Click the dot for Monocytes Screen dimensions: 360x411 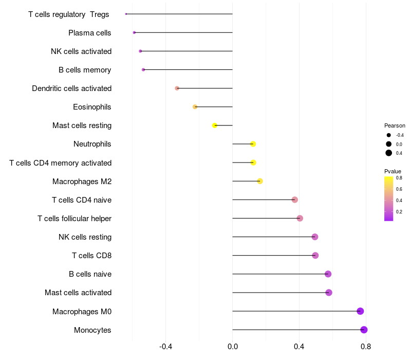coord(364,330)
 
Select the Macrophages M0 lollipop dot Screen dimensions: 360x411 coord(360,311)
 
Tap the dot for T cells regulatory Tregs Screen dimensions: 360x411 coord(126,14)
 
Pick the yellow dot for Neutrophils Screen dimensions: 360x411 coord(253,144)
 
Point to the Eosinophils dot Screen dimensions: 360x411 coord(195,107)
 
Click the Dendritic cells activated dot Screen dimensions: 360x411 coord(177,88)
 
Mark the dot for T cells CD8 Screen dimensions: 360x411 coord(315,256)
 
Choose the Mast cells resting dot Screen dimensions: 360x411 coord(215,125)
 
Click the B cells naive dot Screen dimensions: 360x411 coord(328,274)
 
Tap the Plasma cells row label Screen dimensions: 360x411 coord(89,33)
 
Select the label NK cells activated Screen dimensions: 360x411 coord(81,51)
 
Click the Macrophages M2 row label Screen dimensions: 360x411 coord(82,182)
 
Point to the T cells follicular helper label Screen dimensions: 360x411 coord(74,219)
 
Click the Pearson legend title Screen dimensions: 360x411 coord(395,125)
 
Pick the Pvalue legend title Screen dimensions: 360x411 coord(393,171)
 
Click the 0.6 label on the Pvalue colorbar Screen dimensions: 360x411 coord(399,189)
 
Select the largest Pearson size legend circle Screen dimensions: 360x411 coord(389,153)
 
